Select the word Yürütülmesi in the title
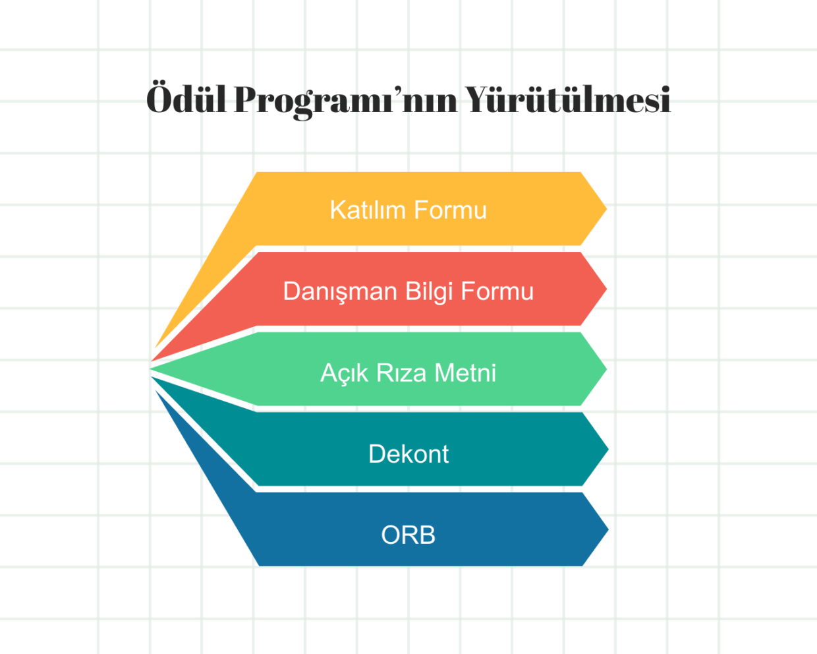(x=568, y=100)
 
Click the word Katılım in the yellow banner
(x=367, y=210)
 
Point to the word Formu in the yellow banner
(x=450, y=210)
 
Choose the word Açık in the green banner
(x=344, y=373)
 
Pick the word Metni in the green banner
(x=465, y=373)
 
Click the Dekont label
(x=408, y=454)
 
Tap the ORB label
(x=408, y=535)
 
